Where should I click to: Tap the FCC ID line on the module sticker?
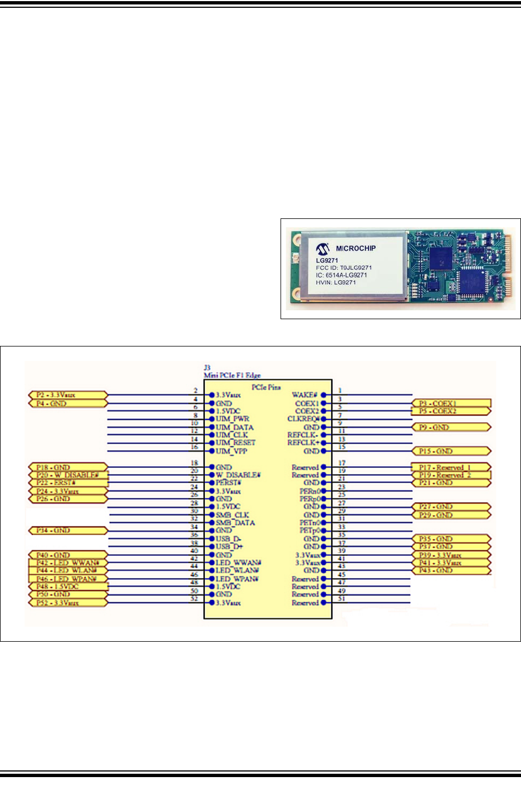tap(343, 267)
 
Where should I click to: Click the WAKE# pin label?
tap(304, 395)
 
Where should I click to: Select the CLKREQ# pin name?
tap(303, 419)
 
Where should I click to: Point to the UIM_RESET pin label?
tap(235, 443)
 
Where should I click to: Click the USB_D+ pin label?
tap(229, 546)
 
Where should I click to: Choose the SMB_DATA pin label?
tap(235, 523)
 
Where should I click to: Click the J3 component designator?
tap(207, 368)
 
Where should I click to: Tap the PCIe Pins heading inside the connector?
tap(266, 387)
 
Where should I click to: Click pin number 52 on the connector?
tap(194, 599)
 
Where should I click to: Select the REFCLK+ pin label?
tap(303, 443)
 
